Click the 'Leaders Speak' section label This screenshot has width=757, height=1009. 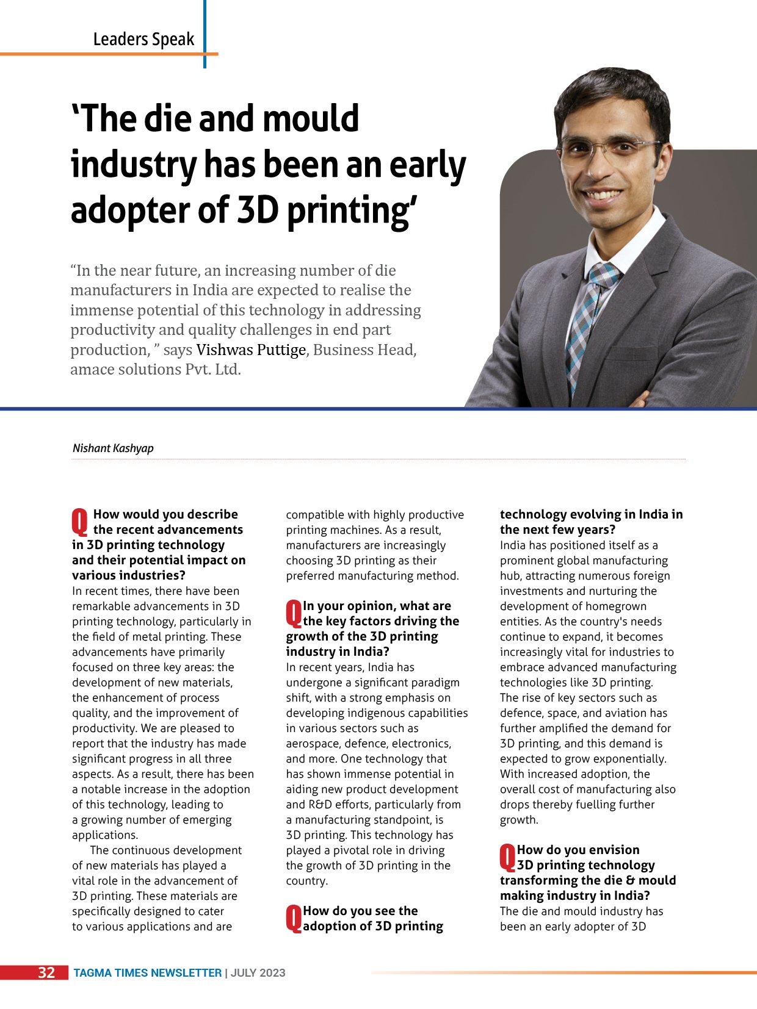click(x=143, y=39)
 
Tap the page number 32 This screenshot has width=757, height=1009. click(x=46, y=972)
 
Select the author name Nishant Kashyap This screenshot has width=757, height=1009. click(x=113, y=448)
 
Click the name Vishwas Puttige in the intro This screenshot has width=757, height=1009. click(x=251, y=350)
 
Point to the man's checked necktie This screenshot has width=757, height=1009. click(x=588, y=317)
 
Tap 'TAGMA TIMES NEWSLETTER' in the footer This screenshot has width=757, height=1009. click(x=147, y=973)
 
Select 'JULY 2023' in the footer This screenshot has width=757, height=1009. click(x=258, y=973)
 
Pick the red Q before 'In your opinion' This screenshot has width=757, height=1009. click(x=294, y=612)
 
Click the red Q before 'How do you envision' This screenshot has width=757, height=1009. click(x=507, y=856)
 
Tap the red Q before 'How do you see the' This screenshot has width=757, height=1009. click(x=294, y=917)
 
